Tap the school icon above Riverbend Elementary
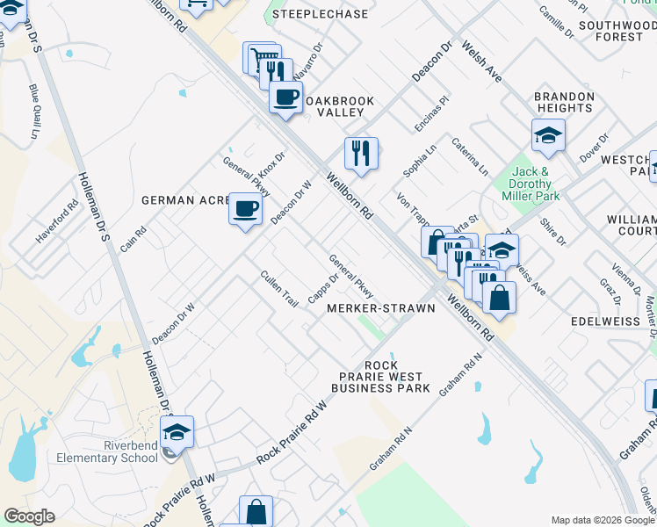177,432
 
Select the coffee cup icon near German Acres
246,209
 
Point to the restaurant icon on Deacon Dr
360,154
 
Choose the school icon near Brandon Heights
547,135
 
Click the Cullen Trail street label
278,288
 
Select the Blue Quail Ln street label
36,112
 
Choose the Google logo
29,516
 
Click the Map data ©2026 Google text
602,519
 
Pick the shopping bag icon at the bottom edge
256,511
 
